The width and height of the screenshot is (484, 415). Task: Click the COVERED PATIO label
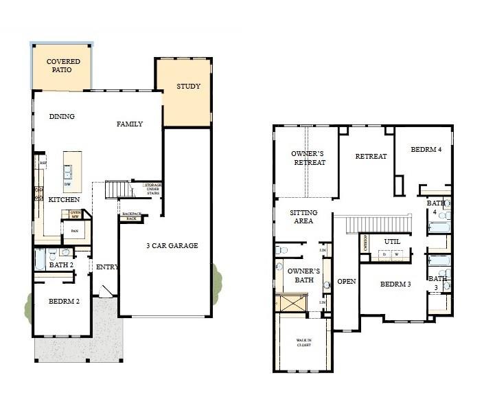tap(63, 66)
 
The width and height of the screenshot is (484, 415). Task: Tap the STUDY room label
tap(188, 87)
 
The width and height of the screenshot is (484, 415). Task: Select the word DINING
tap(62, 117)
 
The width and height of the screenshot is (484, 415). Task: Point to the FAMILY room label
tap(129, 124)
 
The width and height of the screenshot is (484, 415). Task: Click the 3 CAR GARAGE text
tap(172, 245)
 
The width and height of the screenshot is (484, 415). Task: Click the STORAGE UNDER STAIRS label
tap(152, 188)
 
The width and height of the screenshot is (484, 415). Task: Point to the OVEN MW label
tap(76, 214)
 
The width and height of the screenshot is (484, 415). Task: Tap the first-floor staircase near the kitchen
tap(117, 189)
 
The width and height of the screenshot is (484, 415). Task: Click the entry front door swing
tap(106, 292)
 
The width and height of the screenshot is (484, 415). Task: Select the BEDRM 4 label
tap(426, 150)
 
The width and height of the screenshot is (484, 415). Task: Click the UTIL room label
tap(392, 242)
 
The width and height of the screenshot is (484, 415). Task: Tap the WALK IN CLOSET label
tap(303, 343)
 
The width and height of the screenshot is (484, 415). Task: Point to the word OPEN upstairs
tap(347, 282)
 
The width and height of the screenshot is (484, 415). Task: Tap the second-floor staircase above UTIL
tap(378, 224)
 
